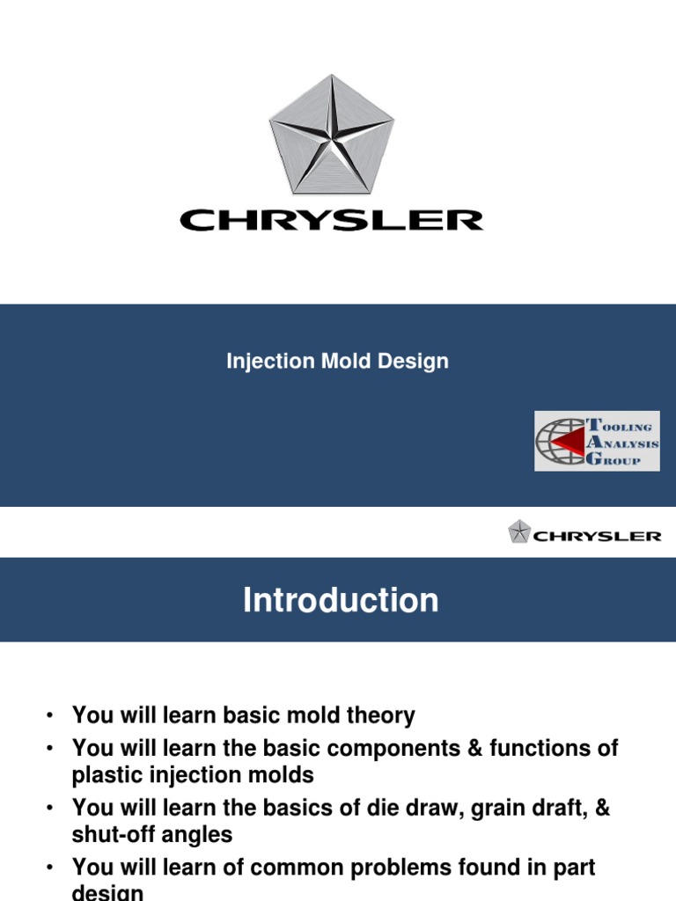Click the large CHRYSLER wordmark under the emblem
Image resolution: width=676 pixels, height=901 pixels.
pyautogui.click(x=332, y=219)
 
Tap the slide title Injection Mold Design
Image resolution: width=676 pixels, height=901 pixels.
pyautogui.click(x=337, y=361)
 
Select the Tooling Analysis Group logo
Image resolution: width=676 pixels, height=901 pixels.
pyautogui.click(x=597, y=439)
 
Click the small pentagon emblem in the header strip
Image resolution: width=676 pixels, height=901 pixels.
pyautogui.click(x=519, y=532)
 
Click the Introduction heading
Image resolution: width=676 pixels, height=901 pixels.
pyautogui.click(x=341, y=600)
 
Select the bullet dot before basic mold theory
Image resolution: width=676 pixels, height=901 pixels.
pyautogui.click(x=53, y=716)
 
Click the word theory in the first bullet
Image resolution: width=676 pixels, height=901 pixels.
pyautogui.click(x=378, y=716)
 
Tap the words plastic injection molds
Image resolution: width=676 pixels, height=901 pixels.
pyautogui.click(x=193, y=775)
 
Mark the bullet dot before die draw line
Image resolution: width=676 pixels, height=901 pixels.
pyautogui.click(x=53, y=809)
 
